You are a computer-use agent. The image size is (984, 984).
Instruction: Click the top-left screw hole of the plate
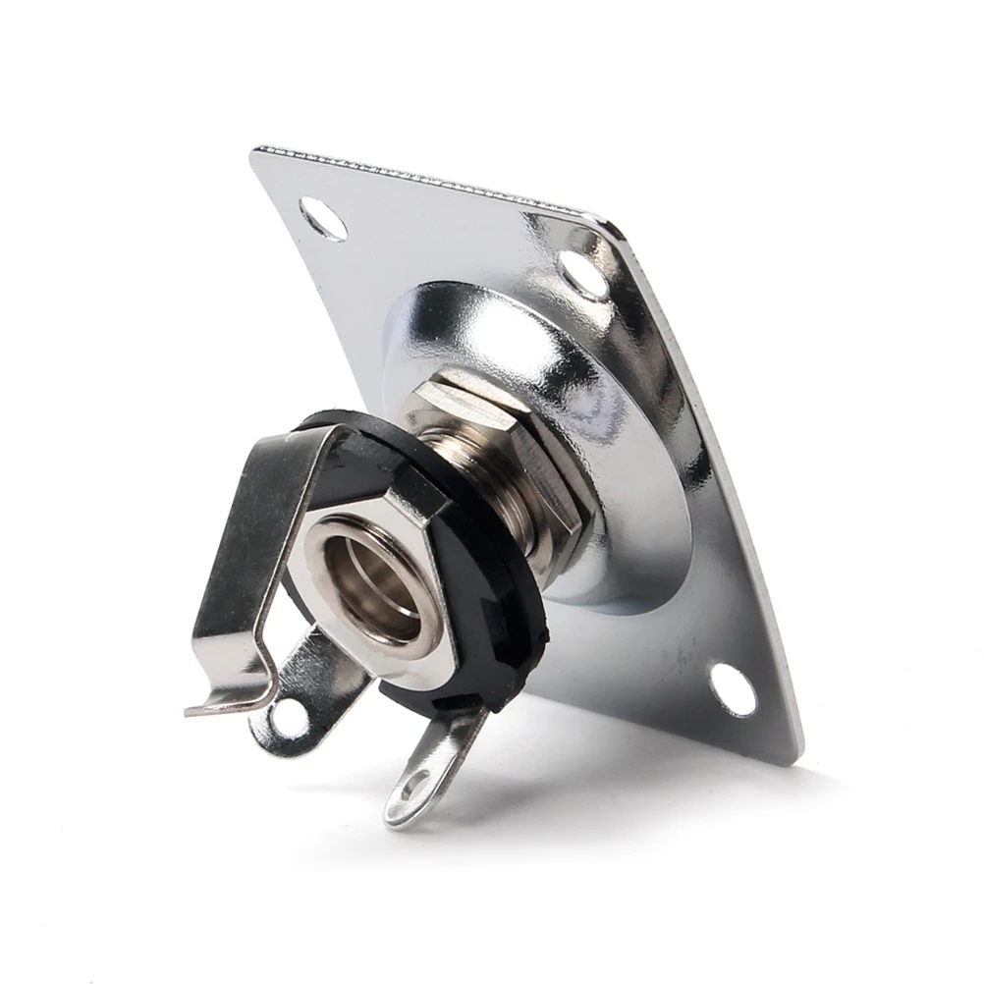click(323, 218)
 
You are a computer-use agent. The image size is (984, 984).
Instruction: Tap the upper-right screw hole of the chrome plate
click(583, 275)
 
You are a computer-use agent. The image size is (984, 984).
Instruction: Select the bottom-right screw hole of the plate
click(733, 689)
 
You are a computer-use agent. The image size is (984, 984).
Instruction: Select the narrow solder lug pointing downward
click(432, 766)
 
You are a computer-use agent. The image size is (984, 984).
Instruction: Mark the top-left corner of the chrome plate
click(257, 153)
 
